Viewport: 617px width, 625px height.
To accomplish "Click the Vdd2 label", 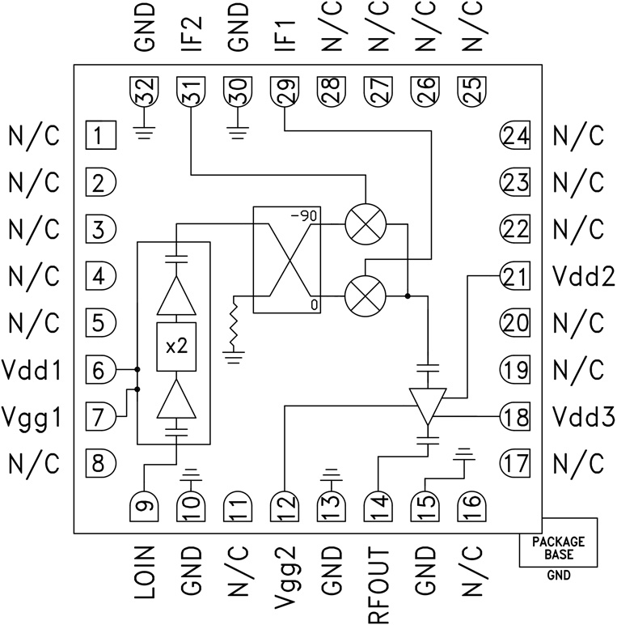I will pyautogui.click(x=584, y=277).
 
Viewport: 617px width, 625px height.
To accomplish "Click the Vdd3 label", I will pyautogui.click(x=584, y=418).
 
